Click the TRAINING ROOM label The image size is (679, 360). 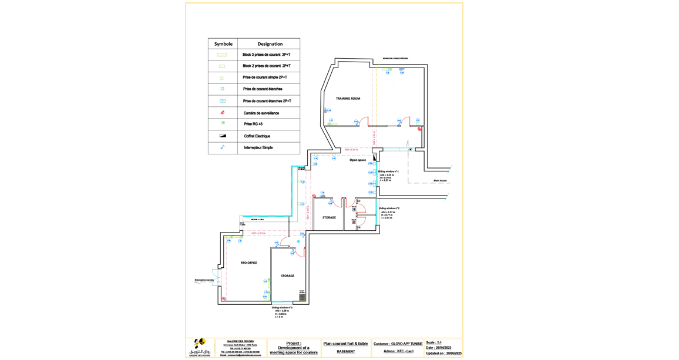[348, 99]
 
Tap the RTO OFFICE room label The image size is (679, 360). [248, 263]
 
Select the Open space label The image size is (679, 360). [358, 160]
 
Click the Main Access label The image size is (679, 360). [440, 180]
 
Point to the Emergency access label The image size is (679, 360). [204, 280]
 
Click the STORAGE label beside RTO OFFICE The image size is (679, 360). [287, 275]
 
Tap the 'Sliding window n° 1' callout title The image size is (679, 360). [388, 171]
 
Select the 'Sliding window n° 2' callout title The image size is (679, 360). [389, 208]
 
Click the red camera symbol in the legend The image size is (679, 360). [223, 113]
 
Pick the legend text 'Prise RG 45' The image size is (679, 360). [253, 124]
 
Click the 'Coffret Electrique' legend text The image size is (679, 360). [257, 136]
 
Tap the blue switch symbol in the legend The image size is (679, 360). [223, 147]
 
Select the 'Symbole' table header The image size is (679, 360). [223, 44]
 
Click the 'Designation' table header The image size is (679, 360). [270, 44]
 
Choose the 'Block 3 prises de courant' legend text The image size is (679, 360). [267, 55]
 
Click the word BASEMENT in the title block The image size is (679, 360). [345, 351]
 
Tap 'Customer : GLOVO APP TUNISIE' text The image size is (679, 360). [398, 344]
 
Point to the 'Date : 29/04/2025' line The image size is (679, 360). [439, 348]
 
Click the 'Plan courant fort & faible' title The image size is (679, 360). [345, 344]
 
